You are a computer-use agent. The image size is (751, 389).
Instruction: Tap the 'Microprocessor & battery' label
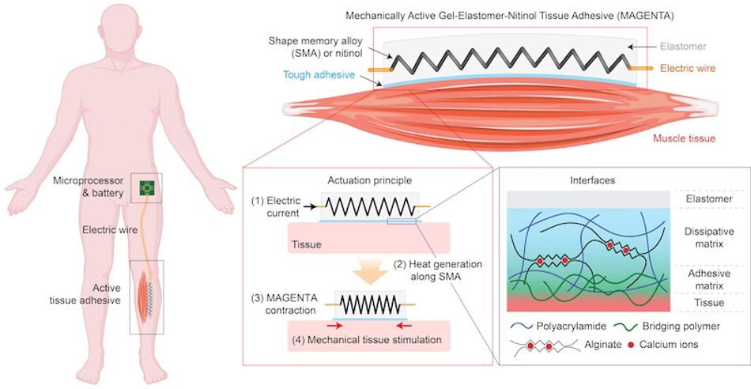point(88,187)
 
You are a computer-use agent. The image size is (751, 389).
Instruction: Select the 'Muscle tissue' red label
point(685,139)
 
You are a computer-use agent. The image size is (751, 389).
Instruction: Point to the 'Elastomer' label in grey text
point(683,47)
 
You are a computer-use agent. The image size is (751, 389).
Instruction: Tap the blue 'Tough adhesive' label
point(319,75)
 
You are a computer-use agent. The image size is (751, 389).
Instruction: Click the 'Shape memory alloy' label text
point(315,41)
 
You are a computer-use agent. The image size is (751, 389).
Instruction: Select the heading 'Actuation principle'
point(369,180)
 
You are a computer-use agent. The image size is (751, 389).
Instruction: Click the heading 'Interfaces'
point(592,180)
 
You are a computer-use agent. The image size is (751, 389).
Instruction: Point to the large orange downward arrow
point(370,274)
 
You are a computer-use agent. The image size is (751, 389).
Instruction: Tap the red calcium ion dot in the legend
point(632,345)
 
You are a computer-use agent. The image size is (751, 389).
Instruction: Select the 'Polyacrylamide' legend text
point(572,327)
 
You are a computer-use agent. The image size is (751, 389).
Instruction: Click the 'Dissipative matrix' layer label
point(709,238)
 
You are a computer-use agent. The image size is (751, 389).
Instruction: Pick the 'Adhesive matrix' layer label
point(709,280)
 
